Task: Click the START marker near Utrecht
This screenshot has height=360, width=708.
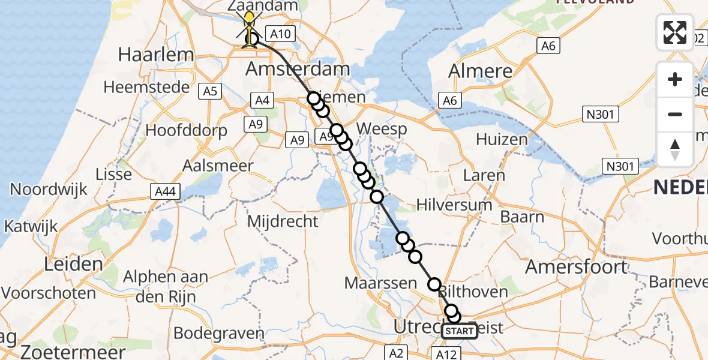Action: point(460,331)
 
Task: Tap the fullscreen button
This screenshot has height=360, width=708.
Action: point(675,32)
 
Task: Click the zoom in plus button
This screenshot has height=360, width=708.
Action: point(675,79)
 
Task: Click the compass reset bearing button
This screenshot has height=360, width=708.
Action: point(675,149)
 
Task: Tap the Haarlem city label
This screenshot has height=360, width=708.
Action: point(156,55)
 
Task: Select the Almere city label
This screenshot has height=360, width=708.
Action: point(481,71)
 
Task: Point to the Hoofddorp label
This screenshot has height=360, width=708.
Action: point(187,130)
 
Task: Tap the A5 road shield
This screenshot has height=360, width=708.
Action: point(211,91)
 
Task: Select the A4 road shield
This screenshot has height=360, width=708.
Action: point(262,101)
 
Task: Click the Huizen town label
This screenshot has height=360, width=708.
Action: point(502,140)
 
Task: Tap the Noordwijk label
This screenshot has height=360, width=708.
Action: point(49,190)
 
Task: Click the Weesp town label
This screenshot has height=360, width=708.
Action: point(381,129)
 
